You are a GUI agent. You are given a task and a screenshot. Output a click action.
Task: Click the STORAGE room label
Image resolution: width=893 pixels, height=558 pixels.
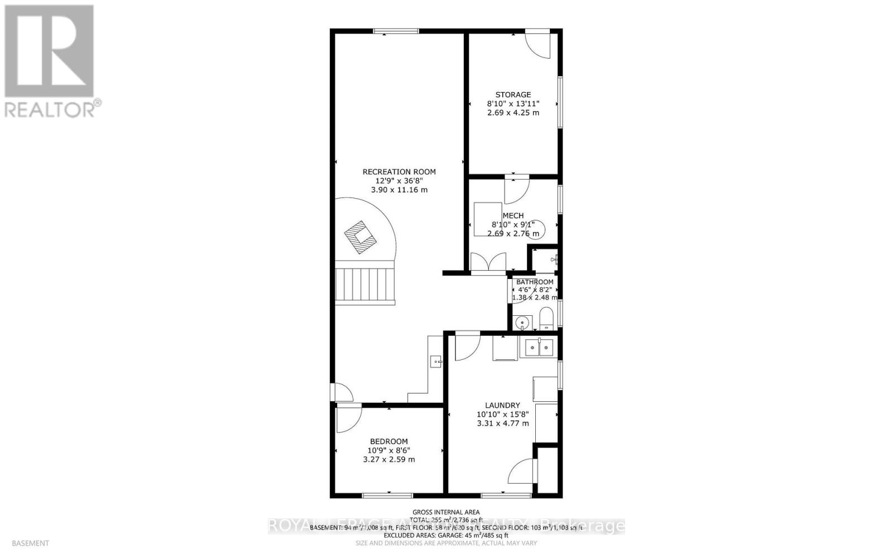point(513,95)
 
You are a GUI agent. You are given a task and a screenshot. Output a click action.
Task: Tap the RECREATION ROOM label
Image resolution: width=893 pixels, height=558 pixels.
point(399,172)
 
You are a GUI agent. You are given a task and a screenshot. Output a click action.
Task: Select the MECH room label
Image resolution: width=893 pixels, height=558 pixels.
point(513,216)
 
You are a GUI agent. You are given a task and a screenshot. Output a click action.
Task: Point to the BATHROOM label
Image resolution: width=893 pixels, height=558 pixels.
point(535,282)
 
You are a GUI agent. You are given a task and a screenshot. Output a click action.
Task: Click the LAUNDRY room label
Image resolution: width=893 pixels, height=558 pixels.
point(502,406)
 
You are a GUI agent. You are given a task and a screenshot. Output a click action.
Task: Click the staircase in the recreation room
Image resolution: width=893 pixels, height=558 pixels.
point(365,285)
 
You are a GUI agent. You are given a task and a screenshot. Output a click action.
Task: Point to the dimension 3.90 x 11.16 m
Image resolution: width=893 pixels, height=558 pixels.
point(399,190)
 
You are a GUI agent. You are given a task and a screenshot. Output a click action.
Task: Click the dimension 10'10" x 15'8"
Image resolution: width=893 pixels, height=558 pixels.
point(502,415)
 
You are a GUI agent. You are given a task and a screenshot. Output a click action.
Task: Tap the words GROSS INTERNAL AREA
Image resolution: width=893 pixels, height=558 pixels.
point(446,512)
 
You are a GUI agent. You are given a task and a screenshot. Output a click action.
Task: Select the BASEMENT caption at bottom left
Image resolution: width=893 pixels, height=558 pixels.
point(30,543)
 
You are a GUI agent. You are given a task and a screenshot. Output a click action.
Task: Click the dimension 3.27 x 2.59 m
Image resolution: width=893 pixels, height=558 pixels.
point(388,460)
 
